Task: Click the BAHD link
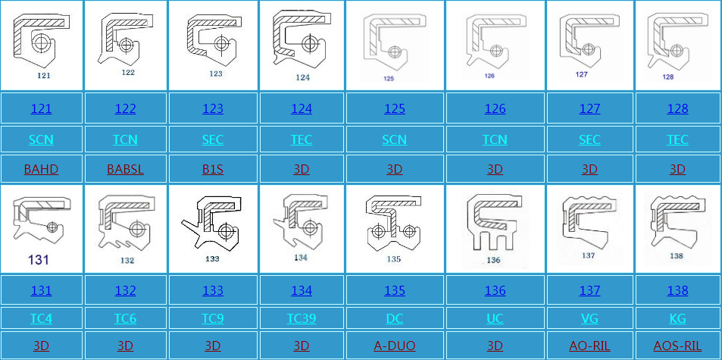(x=41, y=169)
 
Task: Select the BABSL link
(x=125, y=169)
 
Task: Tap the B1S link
(x=213, y=169)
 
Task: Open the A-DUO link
(x=395, y=346)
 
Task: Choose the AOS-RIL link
(x=677, y=346)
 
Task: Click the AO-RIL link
(x=589, y=346)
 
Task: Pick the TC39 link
(x=302, y=318)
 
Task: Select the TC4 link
(x=41, y=318)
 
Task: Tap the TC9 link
(x=213, y=318)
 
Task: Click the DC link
(x=395, y=318)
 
